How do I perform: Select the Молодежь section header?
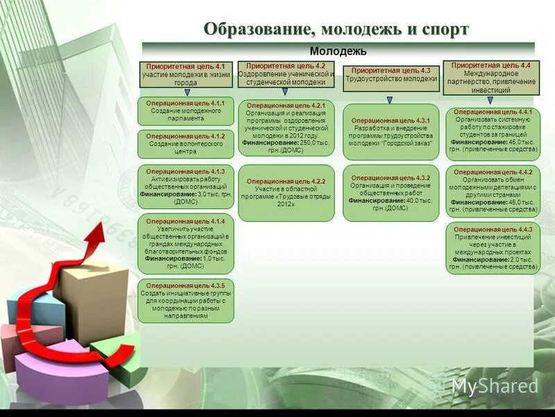pyautogui.click(x=338, y=51)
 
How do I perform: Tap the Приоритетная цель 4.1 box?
pyautogui.click(x=185, y=74)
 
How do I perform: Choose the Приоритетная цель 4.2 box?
pyautogui.click(x=286, y=74)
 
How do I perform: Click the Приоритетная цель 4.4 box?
pyautogui.click(x=490, y=77)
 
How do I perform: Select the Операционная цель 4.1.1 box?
pyautogui.click(x=185, y=111)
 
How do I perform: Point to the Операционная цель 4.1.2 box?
pyautogui.click(x=185, y=143)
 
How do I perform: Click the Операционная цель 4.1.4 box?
pyautogui.click(x=185, y=243)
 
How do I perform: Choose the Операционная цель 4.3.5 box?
pyautogui.click(x=185, y=300)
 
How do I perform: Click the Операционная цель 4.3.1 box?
pyautogui.click(x=391, y=131)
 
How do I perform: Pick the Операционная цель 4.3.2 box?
pyautogui.click(x=391, y=193)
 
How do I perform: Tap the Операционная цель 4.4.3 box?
pyautogui.click(x=493, y=248)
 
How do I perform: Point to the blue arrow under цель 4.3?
pyautogui.click(x=390, y=99)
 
